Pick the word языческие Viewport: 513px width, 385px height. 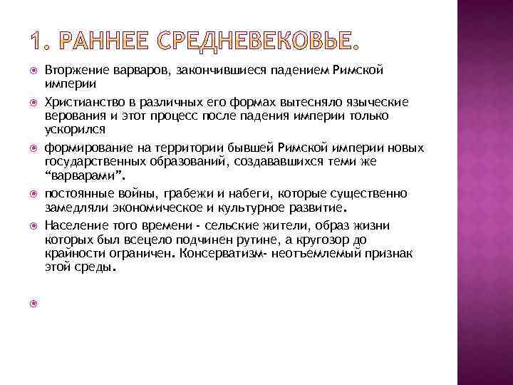tap(361, 103)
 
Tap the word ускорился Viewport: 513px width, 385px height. tap(74, 128)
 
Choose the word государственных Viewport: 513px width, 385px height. tap(91, 160)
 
